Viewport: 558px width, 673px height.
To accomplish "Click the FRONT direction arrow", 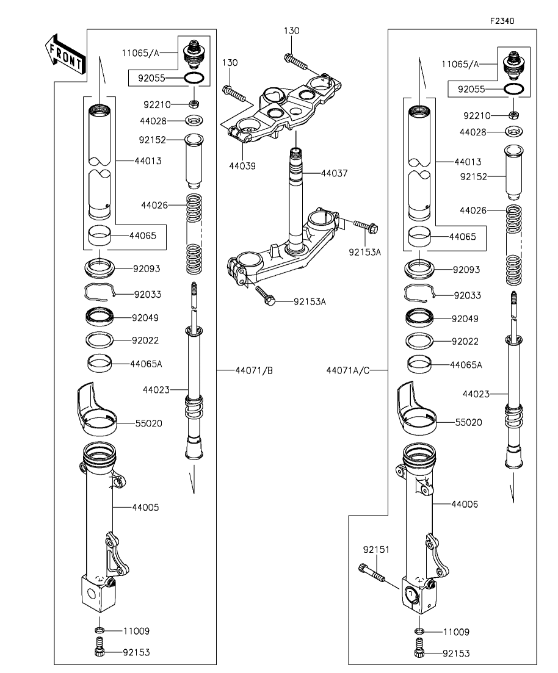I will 64,56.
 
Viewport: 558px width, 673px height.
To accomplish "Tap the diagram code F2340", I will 502,21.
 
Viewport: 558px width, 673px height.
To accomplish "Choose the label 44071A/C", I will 348,370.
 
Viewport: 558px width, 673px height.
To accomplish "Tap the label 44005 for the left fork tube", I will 146,507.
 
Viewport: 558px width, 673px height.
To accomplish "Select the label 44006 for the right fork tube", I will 465,505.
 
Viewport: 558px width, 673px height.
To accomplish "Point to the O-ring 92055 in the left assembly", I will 193,79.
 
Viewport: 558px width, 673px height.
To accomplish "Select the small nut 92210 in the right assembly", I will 514,115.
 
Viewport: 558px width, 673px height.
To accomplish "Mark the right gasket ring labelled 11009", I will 419,631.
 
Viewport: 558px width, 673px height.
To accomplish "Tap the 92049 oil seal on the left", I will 98,317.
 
